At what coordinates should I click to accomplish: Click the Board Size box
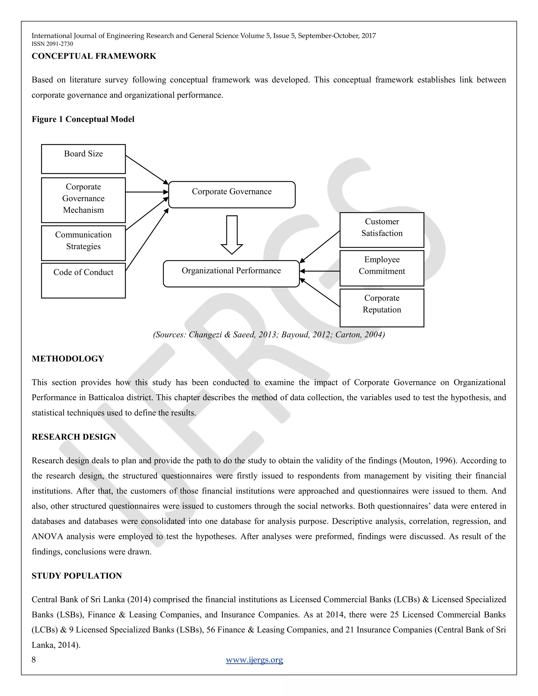(x=83, y=159)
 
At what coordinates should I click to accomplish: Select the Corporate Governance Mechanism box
(x=83, y=200)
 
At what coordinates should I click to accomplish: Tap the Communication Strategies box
(x=83, y=243)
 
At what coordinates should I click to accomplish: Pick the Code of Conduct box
(x=83, y=280)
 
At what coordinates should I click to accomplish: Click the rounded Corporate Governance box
(x=232, y=195)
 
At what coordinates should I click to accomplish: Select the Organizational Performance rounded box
(x=231, y=274)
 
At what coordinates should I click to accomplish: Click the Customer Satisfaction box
(x=381, y=230)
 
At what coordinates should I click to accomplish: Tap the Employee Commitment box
(x=381, y=268)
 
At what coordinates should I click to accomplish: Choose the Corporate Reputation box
(x=381, y=308)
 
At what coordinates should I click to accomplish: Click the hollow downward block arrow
(x=232, y=235)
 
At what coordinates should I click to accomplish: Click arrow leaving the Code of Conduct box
(x=147, y=240)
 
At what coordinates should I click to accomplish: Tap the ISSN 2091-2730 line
(x=52, y=44)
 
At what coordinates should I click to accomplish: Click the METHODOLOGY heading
(x=68, y=359)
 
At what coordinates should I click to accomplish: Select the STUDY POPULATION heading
(x=77, y=575)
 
